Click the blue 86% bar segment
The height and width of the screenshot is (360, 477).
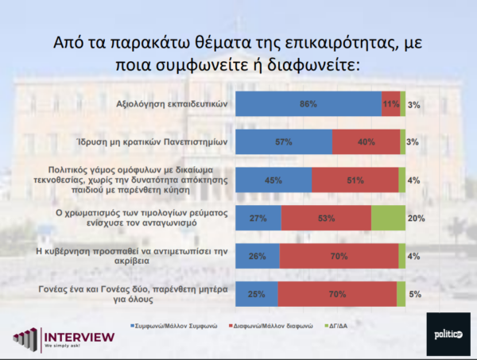(308, 104)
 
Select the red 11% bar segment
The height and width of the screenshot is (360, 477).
(390, 104)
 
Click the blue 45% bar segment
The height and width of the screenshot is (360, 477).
(273, 180)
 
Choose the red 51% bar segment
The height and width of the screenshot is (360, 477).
(355, 180)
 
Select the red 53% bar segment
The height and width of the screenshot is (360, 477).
(326, 218)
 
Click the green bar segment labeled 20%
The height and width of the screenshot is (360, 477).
(388, 218)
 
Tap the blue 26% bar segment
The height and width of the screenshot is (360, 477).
(258, 256)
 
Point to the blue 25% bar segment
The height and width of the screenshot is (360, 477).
(257, 294)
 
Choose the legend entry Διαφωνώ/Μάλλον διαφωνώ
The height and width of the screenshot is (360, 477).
(272, 326)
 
